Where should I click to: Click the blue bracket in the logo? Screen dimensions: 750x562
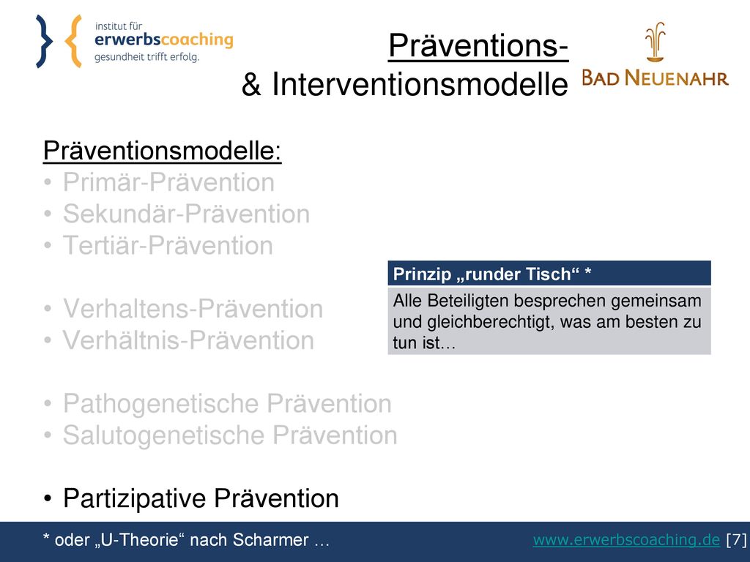43,41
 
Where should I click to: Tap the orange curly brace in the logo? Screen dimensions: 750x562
73,41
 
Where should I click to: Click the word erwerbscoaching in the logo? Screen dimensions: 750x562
163,40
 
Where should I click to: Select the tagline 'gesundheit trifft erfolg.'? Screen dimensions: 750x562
146,57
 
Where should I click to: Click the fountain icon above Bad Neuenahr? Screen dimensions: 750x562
655,42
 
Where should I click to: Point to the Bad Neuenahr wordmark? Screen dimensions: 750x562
655,78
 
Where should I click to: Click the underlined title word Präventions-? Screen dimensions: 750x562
478,46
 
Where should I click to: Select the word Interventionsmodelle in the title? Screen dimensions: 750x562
420,85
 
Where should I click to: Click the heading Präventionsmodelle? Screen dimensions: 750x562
162,151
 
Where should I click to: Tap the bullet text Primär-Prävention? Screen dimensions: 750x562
169,182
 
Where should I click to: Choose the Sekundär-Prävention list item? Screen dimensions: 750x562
187,214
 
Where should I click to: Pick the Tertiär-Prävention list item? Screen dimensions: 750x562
168,246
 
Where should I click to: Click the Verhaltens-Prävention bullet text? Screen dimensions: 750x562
193,309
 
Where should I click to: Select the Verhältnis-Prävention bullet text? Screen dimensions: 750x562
188,340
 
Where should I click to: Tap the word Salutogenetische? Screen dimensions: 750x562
164,435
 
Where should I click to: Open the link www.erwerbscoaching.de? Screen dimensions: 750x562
626,540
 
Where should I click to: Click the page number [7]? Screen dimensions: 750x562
736,540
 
